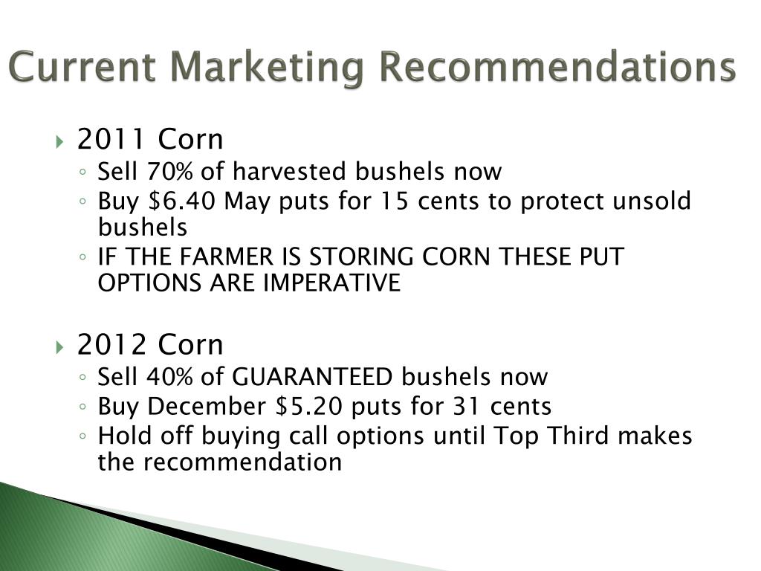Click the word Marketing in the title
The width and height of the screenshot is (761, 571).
point(267,68)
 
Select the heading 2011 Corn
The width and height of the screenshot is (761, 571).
point(150,139)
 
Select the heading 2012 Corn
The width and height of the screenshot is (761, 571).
point(150,344)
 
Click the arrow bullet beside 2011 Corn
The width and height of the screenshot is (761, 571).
point(59,142)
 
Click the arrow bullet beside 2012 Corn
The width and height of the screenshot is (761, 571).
point(59,348)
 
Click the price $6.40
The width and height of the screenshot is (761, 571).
point(181,201)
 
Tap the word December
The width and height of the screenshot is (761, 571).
point(207,407)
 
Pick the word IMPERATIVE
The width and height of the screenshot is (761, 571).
point(332,283)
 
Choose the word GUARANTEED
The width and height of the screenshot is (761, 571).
point(312,377)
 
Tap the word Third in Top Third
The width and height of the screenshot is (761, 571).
point(577,435)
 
